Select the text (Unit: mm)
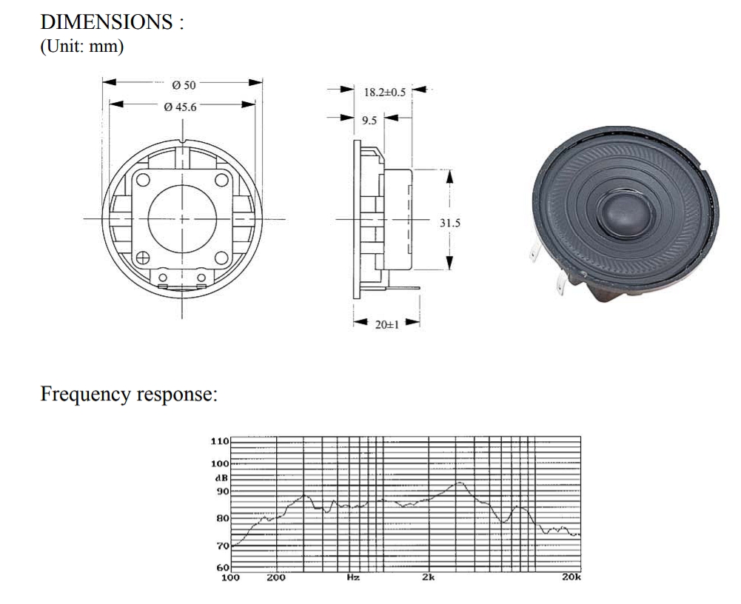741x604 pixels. [81, 46]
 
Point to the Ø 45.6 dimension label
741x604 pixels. [181, 107]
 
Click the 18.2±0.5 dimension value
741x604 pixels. [384, 93]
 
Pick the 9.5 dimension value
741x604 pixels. [370, 119]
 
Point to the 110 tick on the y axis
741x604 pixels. [221, 441]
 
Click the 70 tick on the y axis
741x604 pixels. [223, 546]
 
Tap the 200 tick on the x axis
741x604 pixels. [276, 577]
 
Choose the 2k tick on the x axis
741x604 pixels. [428, 577]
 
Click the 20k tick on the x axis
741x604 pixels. [571, 577]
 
